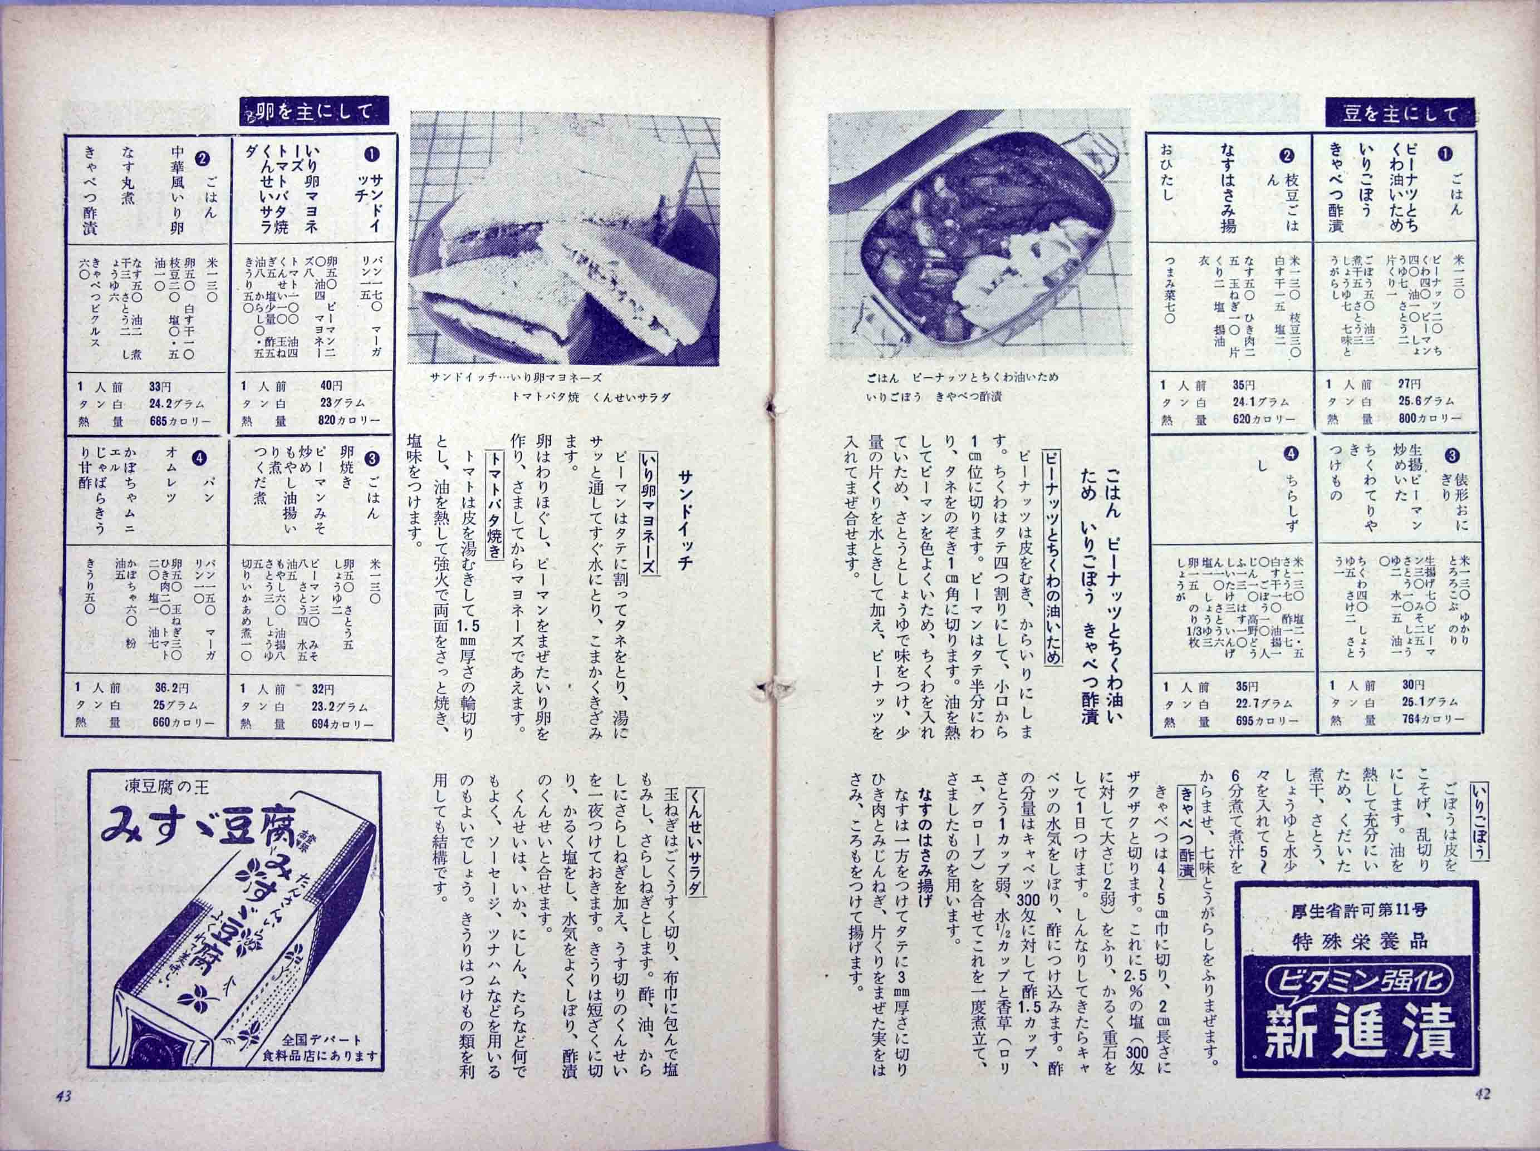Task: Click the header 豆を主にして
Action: pos(1399,114)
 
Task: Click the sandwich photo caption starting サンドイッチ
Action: pos(515,378)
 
